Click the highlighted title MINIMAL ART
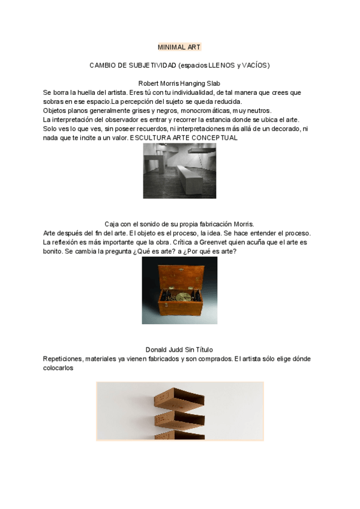(x=179, y=47)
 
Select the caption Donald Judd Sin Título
(x=179, y=350)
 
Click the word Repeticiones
(x=63, y=359)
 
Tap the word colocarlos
(x=58, y=369)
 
